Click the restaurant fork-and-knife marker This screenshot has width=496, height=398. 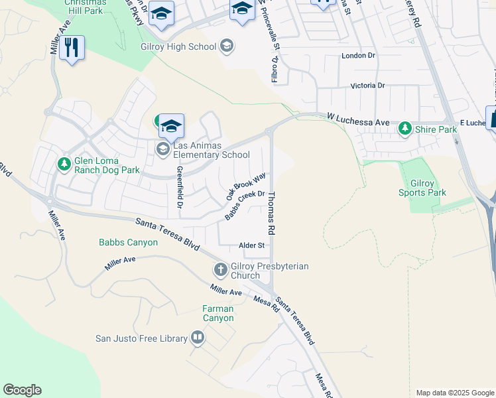click(x=72, y=48)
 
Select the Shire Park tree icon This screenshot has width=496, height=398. click(x=404, y=129)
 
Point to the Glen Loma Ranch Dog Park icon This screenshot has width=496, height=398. click(x=64, y=163)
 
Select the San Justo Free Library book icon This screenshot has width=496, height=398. click(x=197, y=338)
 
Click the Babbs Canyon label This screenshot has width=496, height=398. click(x=129, y=242)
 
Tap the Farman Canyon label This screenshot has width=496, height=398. click(x=218, y=313)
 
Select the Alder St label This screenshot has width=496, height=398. click(x=252, y=245)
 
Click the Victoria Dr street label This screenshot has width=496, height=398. click(x=367, y=86)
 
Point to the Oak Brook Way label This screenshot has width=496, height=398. click(x=245, y=186)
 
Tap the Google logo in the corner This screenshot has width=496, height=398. click(x=22, y=390)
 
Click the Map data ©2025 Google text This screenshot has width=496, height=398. click(x=454, y=393)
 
